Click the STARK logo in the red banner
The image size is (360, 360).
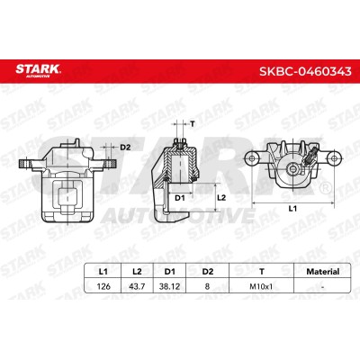38,70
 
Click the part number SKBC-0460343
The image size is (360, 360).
305,71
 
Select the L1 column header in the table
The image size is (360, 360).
103,272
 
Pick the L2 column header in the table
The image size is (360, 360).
137,272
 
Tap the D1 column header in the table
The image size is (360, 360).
170,272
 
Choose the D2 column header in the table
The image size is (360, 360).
207,272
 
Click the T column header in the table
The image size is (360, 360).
262,272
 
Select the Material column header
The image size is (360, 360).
322,272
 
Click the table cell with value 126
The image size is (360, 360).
103,286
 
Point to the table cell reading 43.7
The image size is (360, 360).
137,286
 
